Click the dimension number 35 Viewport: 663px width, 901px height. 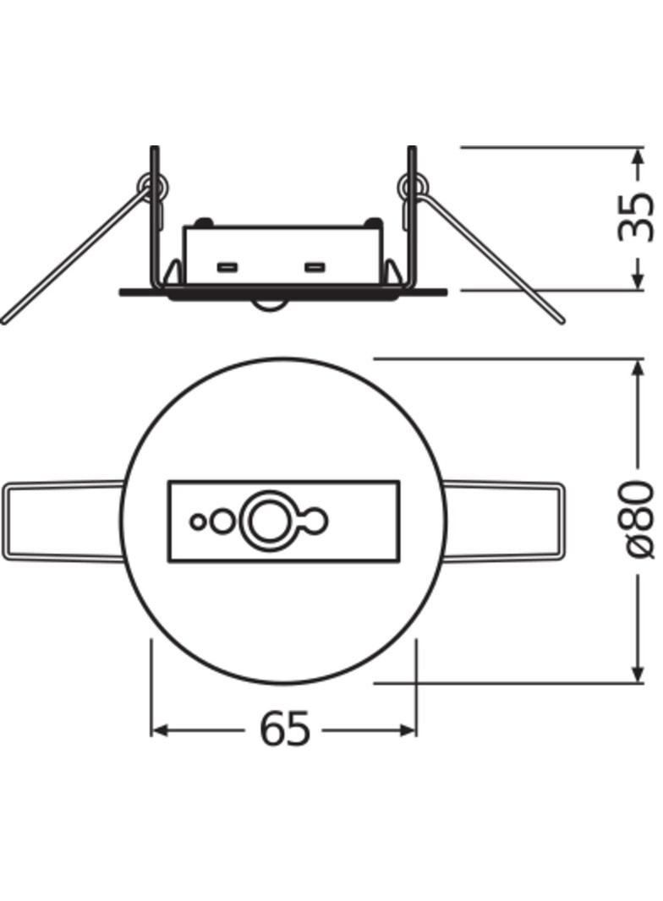(636, 218)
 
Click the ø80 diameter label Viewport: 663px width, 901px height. (636, 520)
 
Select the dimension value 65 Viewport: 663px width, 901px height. (284, 729)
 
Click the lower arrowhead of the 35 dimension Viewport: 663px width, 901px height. (636, 282)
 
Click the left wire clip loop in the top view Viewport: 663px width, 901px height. (63, 521)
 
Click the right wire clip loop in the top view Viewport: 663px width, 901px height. (502, 521)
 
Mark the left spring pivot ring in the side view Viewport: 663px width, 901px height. (154, 185)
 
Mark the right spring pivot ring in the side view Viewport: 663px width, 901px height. (413, 185)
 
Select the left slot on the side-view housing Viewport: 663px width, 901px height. (227, 269)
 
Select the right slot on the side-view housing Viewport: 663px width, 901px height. (315, 269)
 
